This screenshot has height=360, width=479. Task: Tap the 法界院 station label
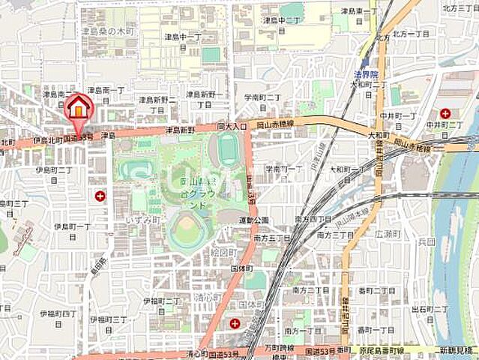pos(365,75)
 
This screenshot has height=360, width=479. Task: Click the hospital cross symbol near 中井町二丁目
pos(445,114)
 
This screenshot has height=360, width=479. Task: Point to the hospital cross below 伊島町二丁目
pos(100,196)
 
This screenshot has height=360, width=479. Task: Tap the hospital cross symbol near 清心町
pos(235,324)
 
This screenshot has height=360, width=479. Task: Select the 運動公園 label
pos(253,220)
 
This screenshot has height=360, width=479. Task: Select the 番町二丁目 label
pos(376,289)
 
